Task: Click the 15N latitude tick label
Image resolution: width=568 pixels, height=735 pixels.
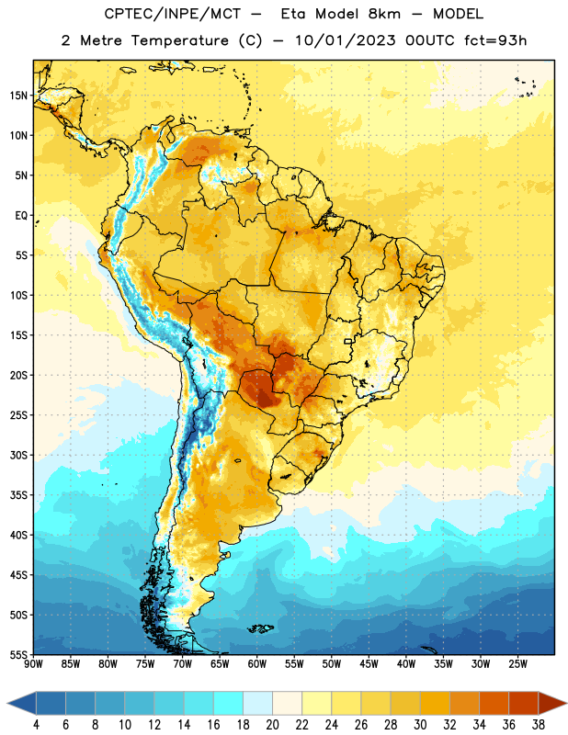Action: (18, 96)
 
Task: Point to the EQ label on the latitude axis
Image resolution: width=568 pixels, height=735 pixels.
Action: (21, 216)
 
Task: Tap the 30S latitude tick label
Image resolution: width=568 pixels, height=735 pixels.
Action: (18, 455)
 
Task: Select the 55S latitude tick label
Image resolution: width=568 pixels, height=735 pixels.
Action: (18, 654)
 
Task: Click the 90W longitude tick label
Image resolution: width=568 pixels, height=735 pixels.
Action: (33, 664)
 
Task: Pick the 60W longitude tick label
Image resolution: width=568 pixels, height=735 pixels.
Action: (257, 664)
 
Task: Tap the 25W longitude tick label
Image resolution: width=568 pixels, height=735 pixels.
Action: (517, 664)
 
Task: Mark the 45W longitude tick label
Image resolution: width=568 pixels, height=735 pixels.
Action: (369, 664)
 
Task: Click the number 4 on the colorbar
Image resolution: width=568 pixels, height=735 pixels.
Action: (36, 725)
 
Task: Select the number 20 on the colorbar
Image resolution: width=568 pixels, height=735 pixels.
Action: (272, 725)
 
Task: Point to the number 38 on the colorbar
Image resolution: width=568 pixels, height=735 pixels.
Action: (539, 725)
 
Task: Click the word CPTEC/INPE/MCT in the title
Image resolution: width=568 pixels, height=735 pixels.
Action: (173, 14)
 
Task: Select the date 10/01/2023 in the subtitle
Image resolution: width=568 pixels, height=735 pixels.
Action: (346, 40)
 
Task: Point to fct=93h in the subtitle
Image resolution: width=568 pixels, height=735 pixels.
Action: (495, 40)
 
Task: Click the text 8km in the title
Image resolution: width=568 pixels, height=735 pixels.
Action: (384, 14)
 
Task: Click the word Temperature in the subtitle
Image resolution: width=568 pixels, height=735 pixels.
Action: (179, 40)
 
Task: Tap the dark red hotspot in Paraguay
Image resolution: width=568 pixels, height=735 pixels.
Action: (266, 400)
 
